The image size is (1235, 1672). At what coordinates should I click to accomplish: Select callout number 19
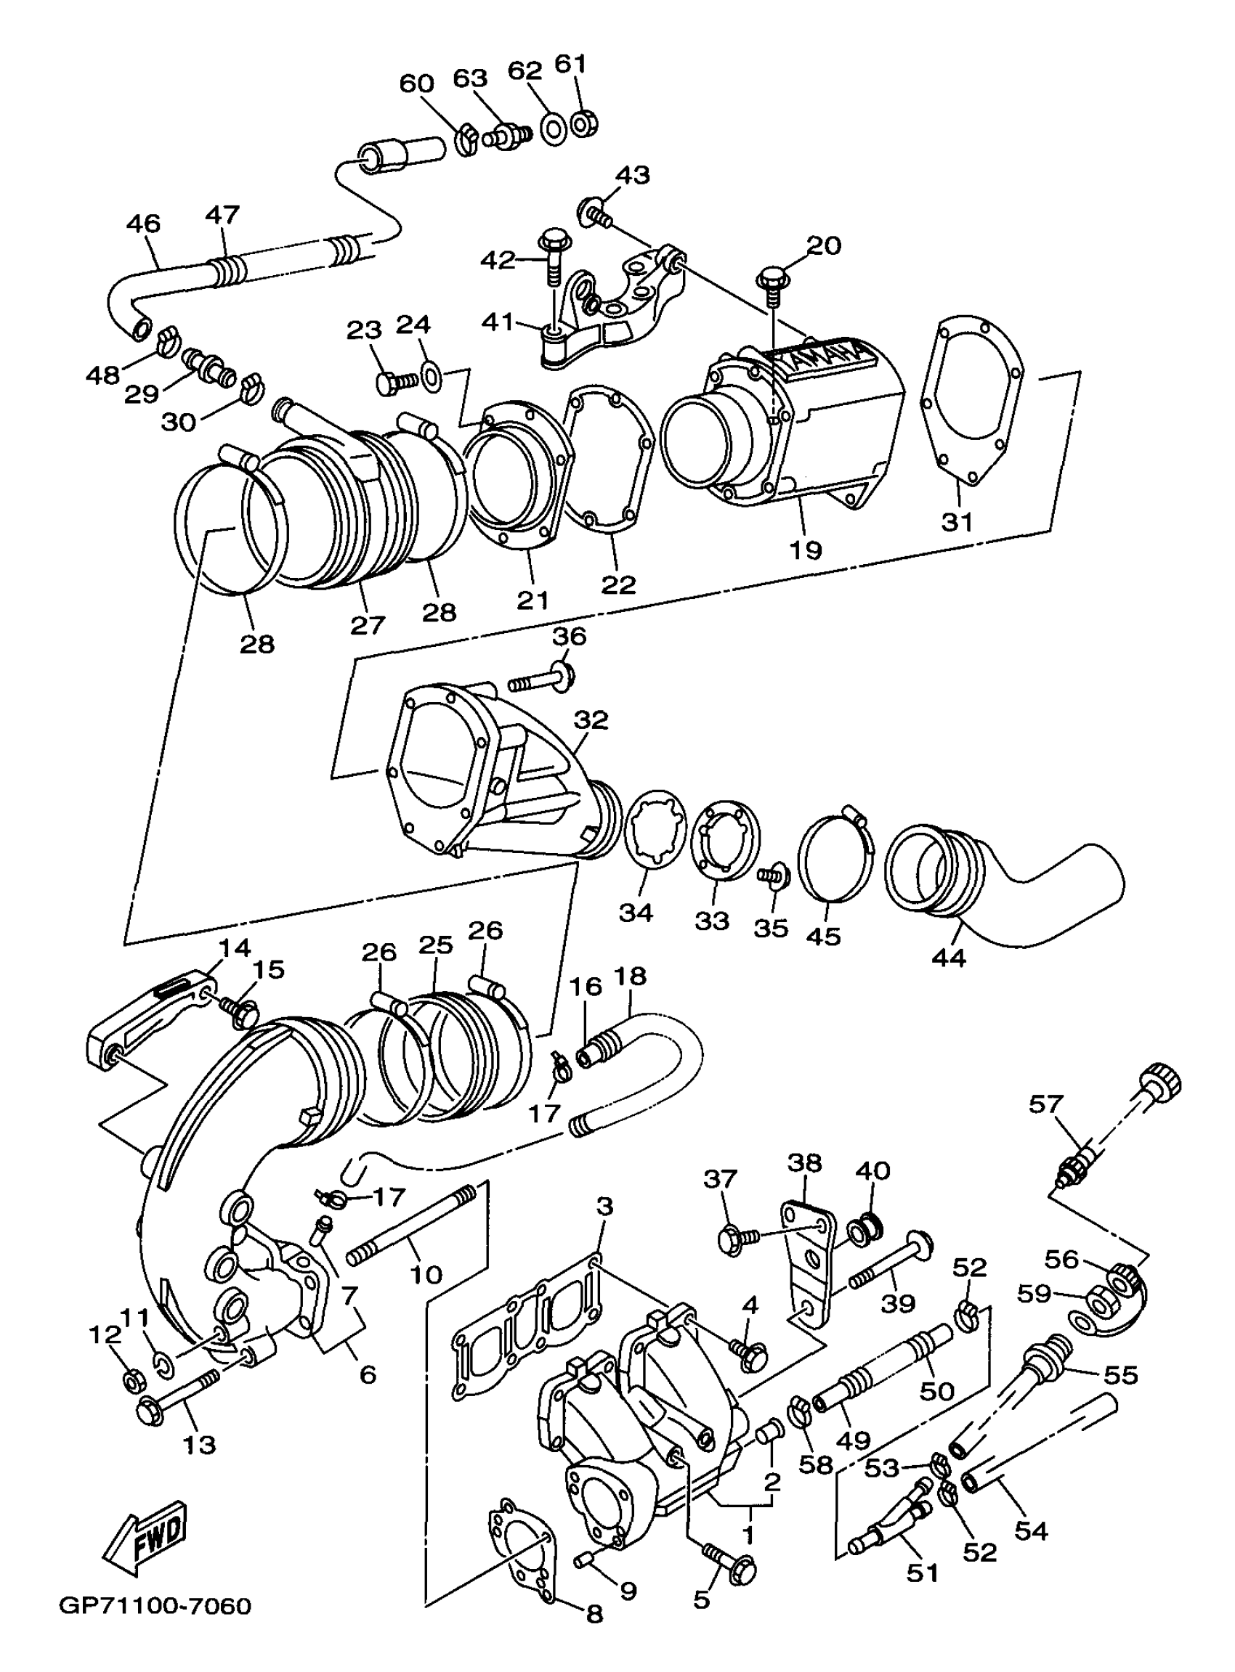pos(805,549)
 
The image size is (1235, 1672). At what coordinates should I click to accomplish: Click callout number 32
pos(591,720)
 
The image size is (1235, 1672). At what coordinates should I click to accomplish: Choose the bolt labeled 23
pos(394,383)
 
